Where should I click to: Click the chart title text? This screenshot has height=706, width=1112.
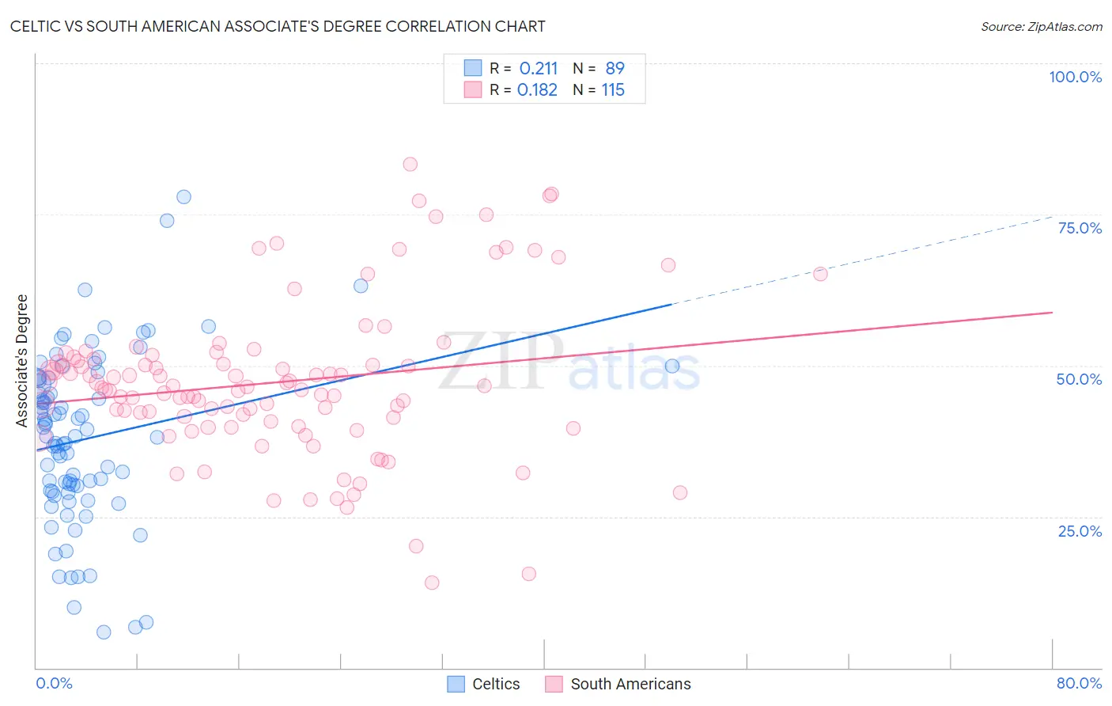[278, 26]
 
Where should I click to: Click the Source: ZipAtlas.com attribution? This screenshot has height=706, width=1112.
[1041, 26]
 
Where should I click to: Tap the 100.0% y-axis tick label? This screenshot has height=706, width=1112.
[1075, 77]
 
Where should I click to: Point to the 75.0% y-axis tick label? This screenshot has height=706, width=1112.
[1080, 228]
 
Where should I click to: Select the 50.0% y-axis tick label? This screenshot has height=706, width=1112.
[1079, 379]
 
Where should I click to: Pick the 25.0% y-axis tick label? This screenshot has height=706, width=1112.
[1080, 530]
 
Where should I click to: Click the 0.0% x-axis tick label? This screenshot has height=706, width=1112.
[54, 683]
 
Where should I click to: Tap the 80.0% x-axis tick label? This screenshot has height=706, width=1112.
[1079, 683]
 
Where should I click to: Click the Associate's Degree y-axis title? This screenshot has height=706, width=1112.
[22, 360]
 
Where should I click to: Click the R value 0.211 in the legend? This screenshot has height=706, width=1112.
[538, 68]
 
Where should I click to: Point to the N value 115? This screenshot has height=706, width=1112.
[613, 90]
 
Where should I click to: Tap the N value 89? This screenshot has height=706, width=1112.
[615, 68]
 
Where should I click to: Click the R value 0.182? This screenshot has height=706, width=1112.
[537, 90]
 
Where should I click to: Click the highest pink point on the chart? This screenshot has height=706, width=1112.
[410, 165]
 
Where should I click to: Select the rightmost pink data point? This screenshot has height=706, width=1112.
[820, 274]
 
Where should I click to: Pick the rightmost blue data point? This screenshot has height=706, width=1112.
[672, 366]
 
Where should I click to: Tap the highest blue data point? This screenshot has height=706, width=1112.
[183, 197]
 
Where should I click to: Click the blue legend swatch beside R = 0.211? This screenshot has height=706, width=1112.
[473, 68]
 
